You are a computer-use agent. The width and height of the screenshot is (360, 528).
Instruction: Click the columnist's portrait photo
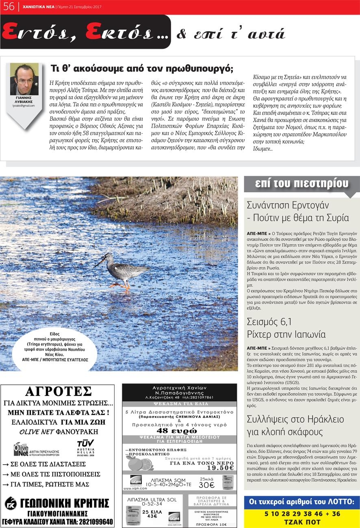[24, 79]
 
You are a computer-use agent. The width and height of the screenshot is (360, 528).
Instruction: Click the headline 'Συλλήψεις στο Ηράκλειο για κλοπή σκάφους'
[295, 425]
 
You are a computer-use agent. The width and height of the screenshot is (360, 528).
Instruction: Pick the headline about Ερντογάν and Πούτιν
[297, 211]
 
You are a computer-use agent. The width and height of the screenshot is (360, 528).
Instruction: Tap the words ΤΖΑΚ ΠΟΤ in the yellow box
[302, 521]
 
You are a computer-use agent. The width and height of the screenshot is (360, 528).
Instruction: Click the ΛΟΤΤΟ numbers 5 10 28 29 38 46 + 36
[302, 513]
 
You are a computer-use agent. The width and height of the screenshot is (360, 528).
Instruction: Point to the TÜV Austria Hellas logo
[86, 447]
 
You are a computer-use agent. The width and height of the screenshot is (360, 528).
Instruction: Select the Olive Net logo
[21, 449]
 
